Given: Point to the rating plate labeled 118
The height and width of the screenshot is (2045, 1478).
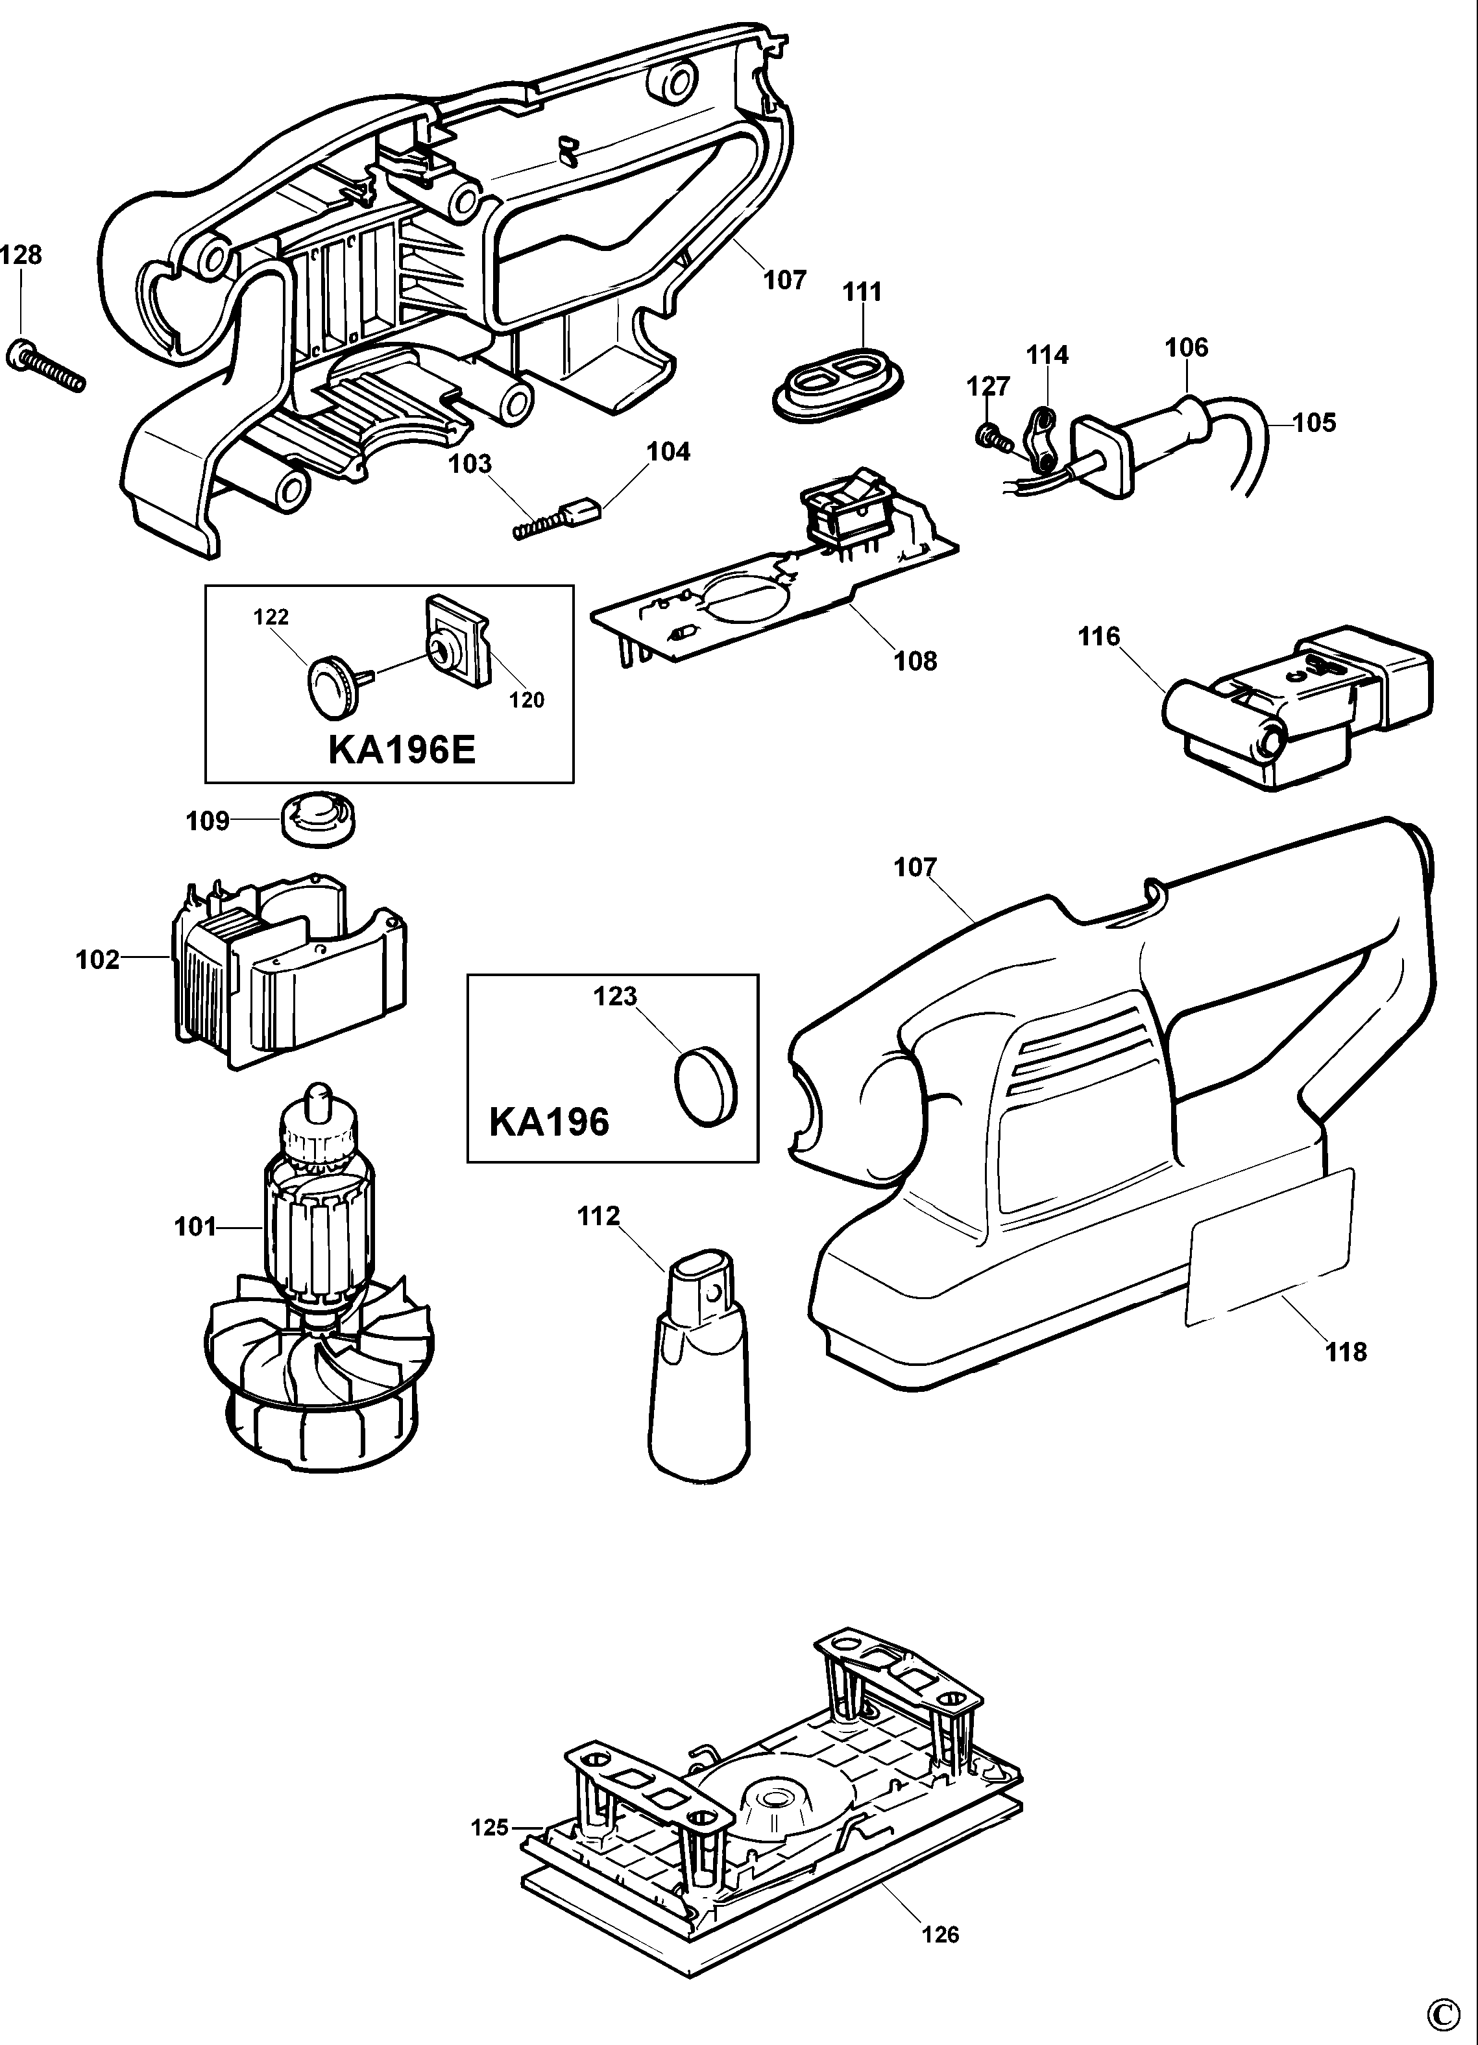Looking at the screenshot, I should (1272, 1248).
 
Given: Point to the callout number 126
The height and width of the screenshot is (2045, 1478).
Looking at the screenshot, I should (941, 1933).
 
